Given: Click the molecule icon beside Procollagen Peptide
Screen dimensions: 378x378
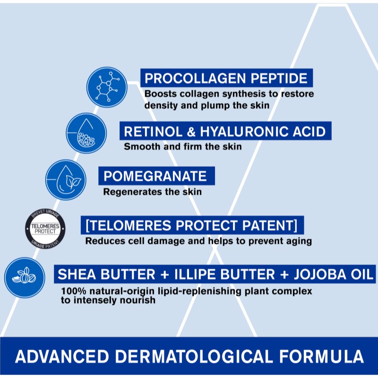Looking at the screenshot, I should tap(107, 87).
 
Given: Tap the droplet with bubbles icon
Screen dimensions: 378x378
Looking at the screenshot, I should tap(86, 132).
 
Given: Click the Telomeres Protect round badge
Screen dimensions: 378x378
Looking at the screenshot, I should tap(45, 228).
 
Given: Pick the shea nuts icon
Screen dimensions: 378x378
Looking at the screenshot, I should tap(25, 277).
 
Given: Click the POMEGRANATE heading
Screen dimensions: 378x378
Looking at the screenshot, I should tap(155, 177).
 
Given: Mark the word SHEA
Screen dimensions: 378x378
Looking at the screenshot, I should tap(76, 274).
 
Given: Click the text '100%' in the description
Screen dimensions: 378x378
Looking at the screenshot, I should tap(71, 291).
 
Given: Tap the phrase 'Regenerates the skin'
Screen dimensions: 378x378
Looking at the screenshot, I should tap(152, 192).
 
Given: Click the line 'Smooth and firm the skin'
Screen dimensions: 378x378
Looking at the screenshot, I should tap(182, 146).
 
